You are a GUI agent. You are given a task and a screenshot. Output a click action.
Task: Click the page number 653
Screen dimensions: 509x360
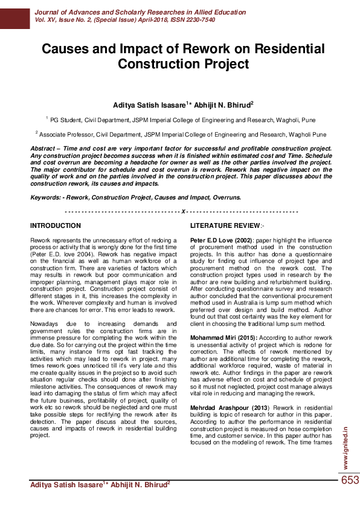(350, 481)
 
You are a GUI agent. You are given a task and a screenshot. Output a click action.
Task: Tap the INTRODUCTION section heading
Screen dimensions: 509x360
(56, 225)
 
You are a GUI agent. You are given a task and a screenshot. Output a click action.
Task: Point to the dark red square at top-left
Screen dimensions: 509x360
(14, 15)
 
